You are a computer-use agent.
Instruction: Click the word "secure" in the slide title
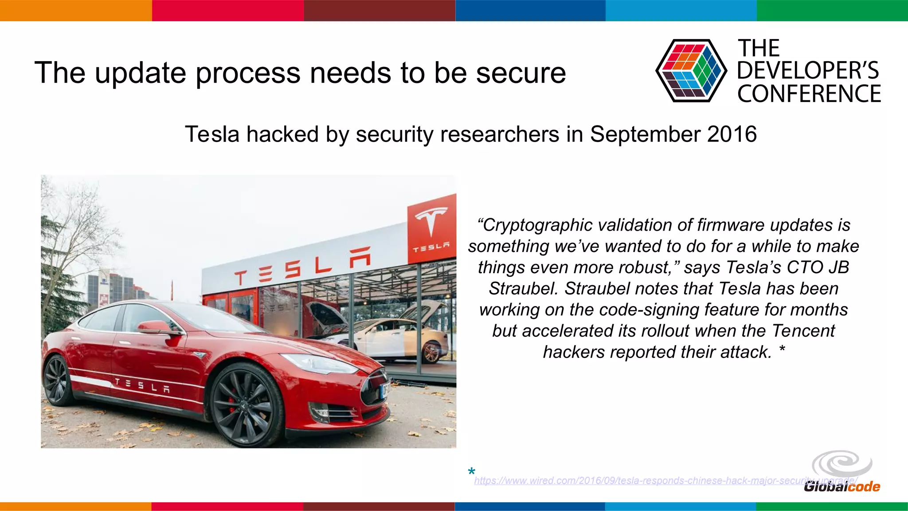click(521, 73)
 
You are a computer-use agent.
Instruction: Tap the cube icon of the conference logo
click(691, 71)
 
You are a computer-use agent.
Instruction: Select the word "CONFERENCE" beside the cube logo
click(809, 94)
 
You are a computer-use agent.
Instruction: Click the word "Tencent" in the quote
click(803, 331)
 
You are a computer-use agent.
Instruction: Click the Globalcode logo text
click(841, 487)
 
